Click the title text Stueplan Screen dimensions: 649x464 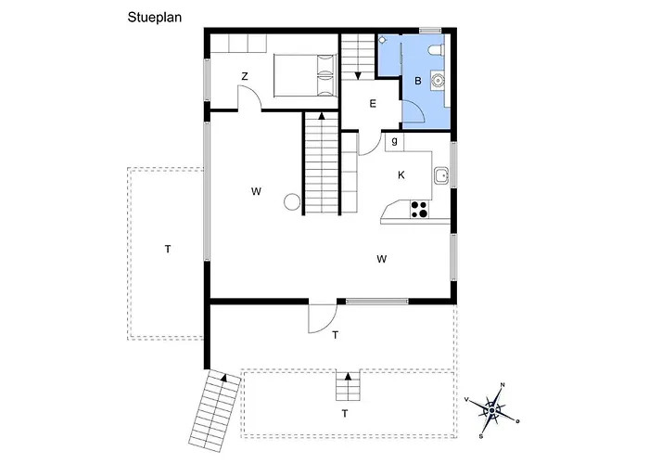[x=155, y=18]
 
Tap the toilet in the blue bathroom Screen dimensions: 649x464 [x=437, y=50]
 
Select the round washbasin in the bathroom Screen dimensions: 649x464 [x=437, y=79]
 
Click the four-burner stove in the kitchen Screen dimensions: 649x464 [x=419, y=209]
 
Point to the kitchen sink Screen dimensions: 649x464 [x=442, y=175]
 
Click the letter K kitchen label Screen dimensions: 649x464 [x=401, y=175]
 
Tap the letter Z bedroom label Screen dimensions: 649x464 [x=245, y=77]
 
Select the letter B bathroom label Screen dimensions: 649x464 [x=418, y=82]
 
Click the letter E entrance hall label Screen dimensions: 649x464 [x=373, y=104]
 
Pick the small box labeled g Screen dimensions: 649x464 [x=394, y=142]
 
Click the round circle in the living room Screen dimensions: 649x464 [x=292, y=201]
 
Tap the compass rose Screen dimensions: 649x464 [x=492, y=410]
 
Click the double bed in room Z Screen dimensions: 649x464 [x=304, y=75]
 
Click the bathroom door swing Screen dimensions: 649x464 [x=414, y=111]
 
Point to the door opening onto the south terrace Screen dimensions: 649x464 [x=322, y=318]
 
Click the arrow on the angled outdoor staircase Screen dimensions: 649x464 [x=224, y=378]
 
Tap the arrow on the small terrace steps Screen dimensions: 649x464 [x=348, y=376]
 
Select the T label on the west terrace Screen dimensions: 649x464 [x=168, y=249]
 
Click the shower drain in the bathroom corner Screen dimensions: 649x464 [x=382, y=40]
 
